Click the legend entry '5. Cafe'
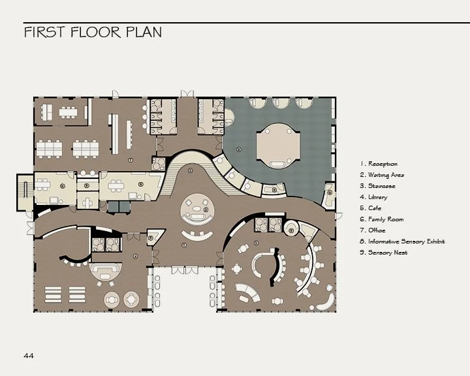(x=371, y=208)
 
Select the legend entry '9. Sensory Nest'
(x=384, y=253)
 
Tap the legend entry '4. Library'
(x=373, y=197)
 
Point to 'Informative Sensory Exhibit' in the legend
(x=407, y=242)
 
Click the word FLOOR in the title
(x=95, y=32)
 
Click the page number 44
(x=29, y=356)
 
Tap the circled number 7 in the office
(x=131, y=160)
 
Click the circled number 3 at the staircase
(x=190, y=170)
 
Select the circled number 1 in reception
(x=184, y=245)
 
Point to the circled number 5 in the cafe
(x=256, y=243)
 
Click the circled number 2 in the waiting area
(x=206, y=210)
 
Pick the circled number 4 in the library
(x=135, y=257)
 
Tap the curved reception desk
(x=198, y=235)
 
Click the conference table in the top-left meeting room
(x=68, y=112)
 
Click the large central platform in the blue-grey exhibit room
(x=278, y=146)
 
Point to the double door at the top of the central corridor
(x=187, y=94)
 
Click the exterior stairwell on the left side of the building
(x=25, y=192)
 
